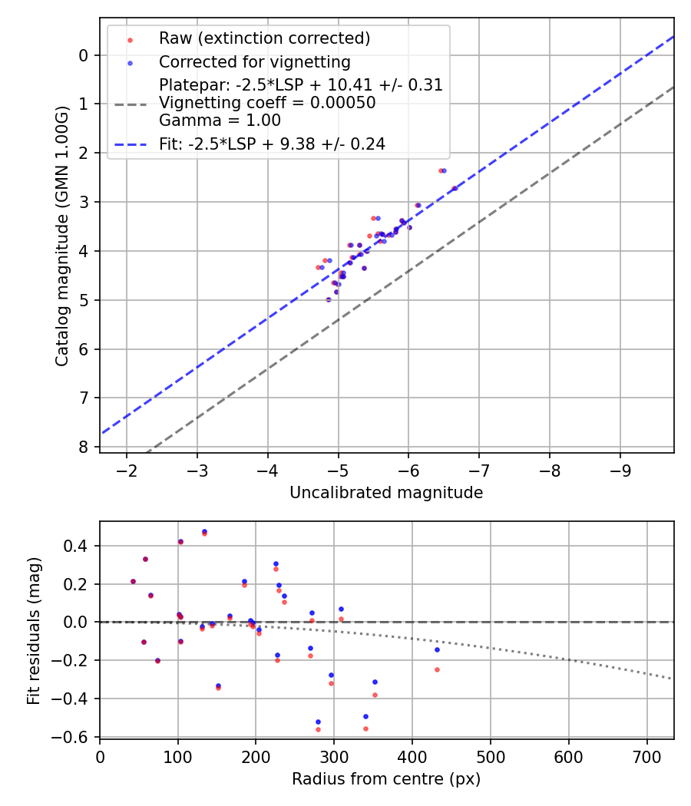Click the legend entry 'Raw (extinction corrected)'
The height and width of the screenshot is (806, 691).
click(x=264, y=38)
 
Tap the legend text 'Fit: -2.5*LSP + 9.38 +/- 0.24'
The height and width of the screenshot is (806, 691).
click(x=272, y=144)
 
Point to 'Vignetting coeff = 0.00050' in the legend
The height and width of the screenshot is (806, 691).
click(x=267, y=103)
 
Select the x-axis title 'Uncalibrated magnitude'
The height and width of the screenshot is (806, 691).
click(x=386, y=493)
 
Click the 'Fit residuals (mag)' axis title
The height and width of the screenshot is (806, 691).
click(x=33, y=630)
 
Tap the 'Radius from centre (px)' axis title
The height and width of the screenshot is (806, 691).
click(x=386, y=779)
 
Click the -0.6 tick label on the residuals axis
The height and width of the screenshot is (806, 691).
click(x=75, y=736)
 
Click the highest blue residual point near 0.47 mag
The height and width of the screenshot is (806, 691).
click(x=204, y=531)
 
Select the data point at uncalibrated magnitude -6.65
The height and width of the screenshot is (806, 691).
click(x=455, y=188)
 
